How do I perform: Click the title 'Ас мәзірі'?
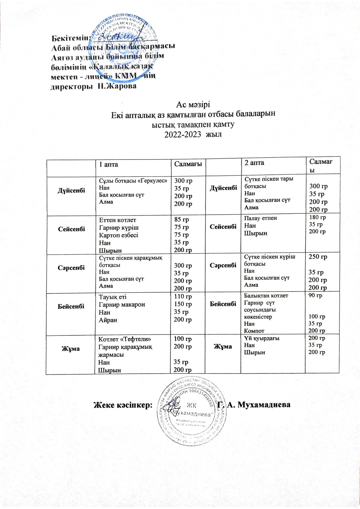point(193,105)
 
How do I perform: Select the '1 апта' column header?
point(109,164)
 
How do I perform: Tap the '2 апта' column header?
point(254,163)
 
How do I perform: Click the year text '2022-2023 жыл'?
point(193,134)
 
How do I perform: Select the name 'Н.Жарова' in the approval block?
point(116,86)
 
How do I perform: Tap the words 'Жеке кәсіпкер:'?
point(123,405)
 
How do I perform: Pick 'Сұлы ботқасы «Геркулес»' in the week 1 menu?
point(133,180)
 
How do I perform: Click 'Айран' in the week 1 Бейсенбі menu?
point(108,320)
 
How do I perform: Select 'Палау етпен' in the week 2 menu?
point(260,218)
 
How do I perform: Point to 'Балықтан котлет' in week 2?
point(266,296)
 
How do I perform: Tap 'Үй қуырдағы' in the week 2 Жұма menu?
point(262,338)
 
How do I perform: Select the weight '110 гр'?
point(183,297)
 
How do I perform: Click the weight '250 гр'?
point(318,257)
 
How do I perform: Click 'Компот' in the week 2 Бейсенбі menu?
point(254,331)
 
